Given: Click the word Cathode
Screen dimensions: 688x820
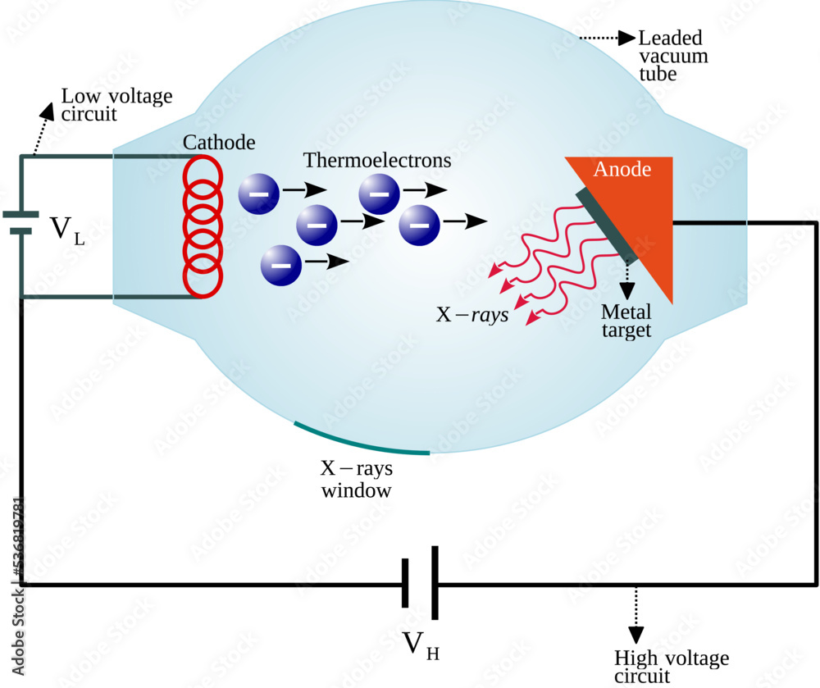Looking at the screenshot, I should tap(219, 143).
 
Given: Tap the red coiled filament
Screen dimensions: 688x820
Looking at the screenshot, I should tap(202, 225).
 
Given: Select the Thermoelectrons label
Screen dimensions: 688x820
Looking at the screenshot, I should tap(377, 160).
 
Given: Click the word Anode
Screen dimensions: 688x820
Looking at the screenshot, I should tap(622, 170).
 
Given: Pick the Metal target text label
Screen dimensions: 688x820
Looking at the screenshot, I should tap(626, 321).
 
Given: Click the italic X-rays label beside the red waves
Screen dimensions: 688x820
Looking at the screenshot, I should tap(471, 314).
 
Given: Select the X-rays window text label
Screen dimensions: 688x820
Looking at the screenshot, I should tap(356, 480).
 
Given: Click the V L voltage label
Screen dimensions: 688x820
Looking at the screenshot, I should tap(66, 230).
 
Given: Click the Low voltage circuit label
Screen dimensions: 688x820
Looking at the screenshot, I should tap(116, 105).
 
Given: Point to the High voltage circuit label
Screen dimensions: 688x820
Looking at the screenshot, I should tap(671, 667).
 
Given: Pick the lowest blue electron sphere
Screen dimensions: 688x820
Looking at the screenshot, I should tap(281, 265).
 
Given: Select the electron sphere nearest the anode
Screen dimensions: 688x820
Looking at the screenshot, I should tap(420, 223).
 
